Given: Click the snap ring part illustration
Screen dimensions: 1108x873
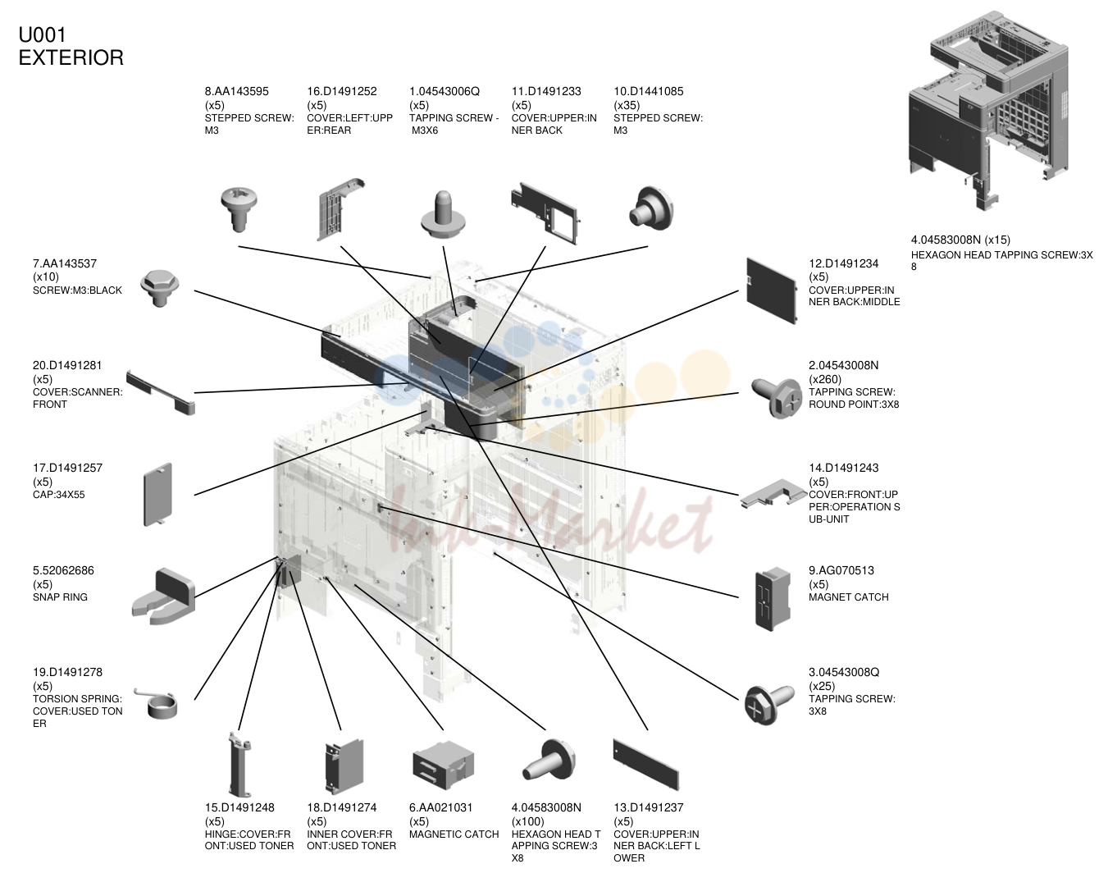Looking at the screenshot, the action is (x=164, y=596).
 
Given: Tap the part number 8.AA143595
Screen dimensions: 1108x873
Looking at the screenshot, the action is (x=236, y=91).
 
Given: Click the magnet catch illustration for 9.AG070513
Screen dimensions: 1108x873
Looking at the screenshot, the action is (x=773, y=599).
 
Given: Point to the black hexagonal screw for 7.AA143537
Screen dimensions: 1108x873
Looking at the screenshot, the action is (x=160, y=288).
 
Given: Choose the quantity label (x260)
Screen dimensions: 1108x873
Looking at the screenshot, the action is (x=825, y=379).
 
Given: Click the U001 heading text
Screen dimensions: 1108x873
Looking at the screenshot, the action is (x=42, y=35).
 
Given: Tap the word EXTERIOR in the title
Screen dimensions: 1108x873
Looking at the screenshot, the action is (x=71, y=57).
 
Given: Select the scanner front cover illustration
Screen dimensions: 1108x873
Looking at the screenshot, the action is (x=161, y=392).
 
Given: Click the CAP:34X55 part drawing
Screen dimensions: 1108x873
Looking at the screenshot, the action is (x=157, y=495).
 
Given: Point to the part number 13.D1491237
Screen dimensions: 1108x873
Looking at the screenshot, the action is (x=648, y=807).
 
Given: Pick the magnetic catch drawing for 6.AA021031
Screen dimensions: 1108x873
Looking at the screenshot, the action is (x=443, y=765).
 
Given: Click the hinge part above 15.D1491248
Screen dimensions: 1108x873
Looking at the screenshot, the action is (x=239, y=765).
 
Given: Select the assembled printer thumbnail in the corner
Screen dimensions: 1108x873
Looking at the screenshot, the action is (x=988, y=111).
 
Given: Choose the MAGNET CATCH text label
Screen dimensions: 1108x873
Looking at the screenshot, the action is (x=849, y=597).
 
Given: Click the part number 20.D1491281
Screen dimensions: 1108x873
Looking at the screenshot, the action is (x=67, y=365).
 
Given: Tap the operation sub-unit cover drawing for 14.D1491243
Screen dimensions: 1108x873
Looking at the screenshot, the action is (x=773, y=493).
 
